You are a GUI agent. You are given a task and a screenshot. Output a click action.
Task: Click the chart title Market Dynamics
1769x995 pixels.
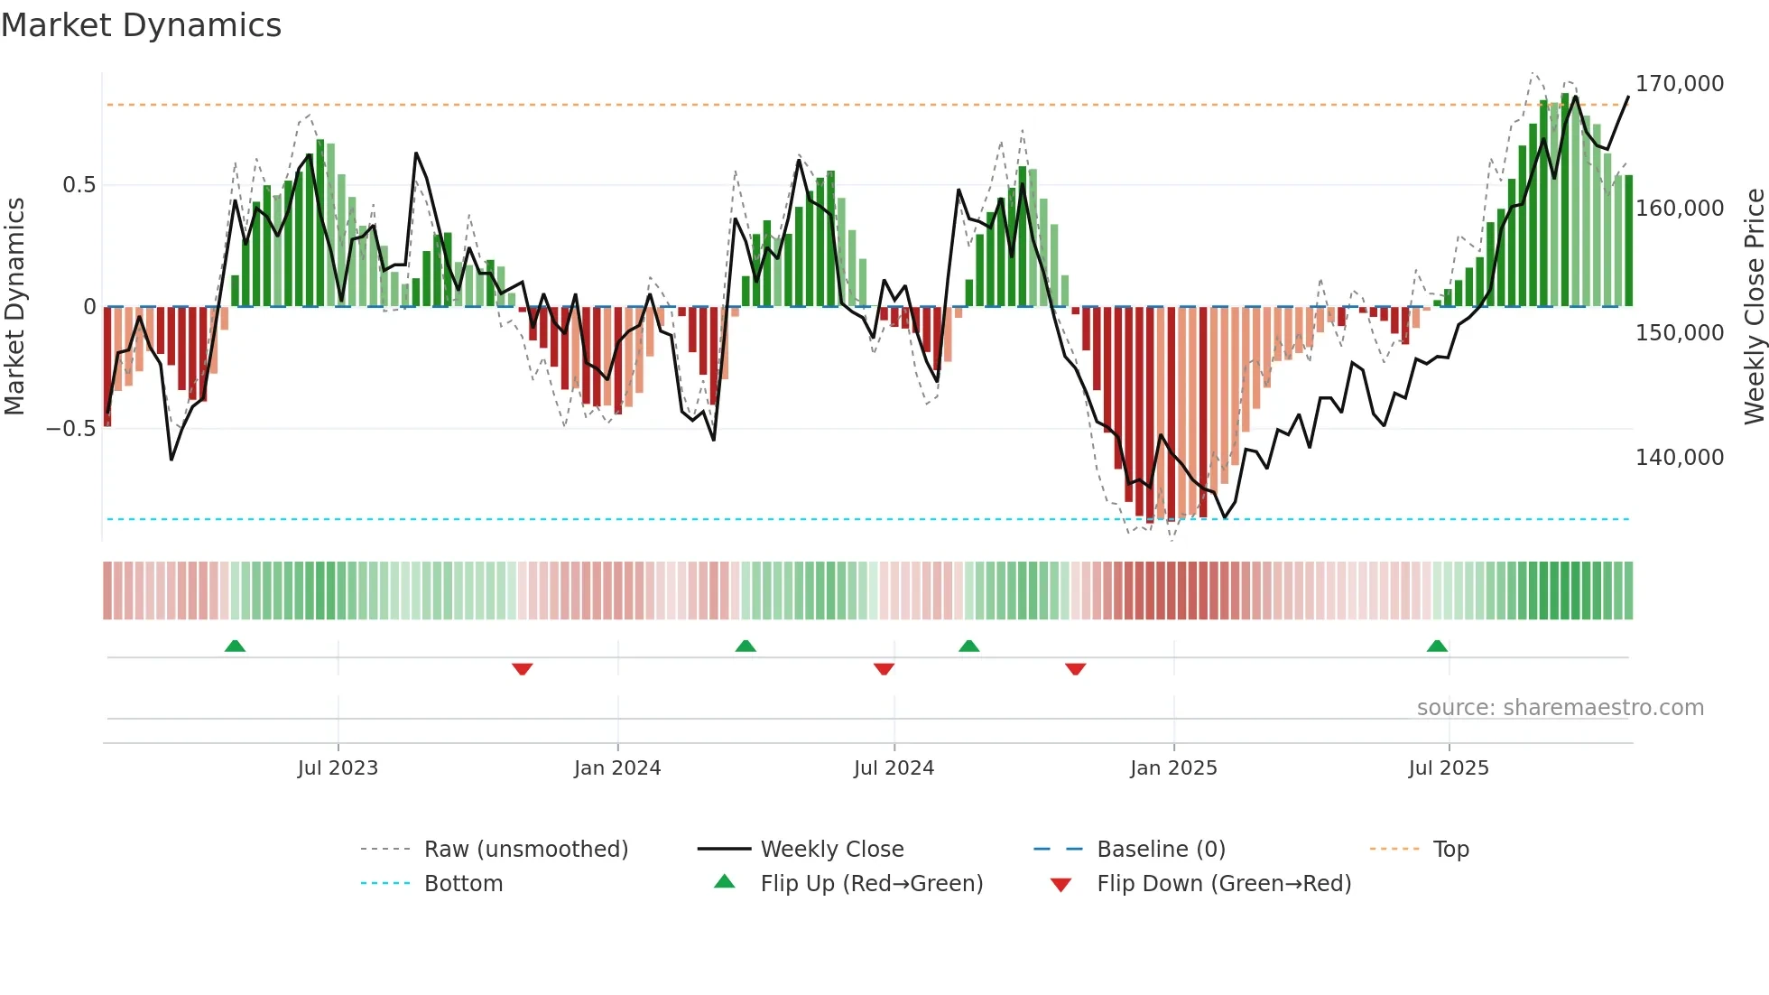click(142, 25)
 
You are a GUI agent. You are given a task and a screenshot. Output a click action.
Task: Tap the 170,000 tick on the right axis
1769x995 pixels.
click(1679, 84)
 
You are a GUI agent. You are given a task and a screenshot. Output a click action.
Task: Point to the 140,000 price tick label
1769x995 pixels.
click(1679, 458)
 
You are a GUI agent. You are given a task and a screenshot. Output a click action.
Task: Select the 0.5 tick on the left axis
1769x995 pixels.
click(79, 185)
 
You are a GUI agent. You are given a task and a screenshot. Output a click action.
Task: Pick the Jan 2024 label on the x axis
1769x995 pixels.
click(617, 768)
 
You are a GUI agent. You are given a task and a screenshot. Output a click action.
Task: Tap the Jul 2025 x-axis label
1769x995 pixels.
click(1448, 768)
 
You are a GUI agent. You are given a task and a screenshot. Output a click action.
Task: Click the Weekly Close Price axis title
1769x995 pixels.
click(1754, 307)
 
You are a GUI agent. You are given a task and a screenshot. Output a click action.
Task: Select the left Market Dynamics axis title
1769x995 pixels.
click(14, 307)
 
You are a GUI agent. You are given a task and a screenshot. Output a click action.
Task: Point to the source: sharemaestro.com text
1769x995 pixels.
click(1560, 708)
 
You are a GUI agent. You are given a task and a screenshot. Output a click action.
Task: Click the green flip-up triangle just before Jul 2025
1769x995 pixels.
click(1437, 646)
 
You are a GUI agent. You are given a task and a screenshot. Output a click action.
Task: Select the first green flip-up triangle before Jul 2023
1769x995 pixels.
click(235, 646)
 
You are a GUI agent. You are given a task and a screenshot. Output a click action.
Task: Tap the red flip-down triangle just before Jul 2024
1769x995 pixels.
click(884, 669)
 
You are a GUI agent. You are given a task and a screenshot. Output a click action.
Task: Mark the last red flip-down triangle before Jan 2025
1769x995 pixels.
click(1075, 669)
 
